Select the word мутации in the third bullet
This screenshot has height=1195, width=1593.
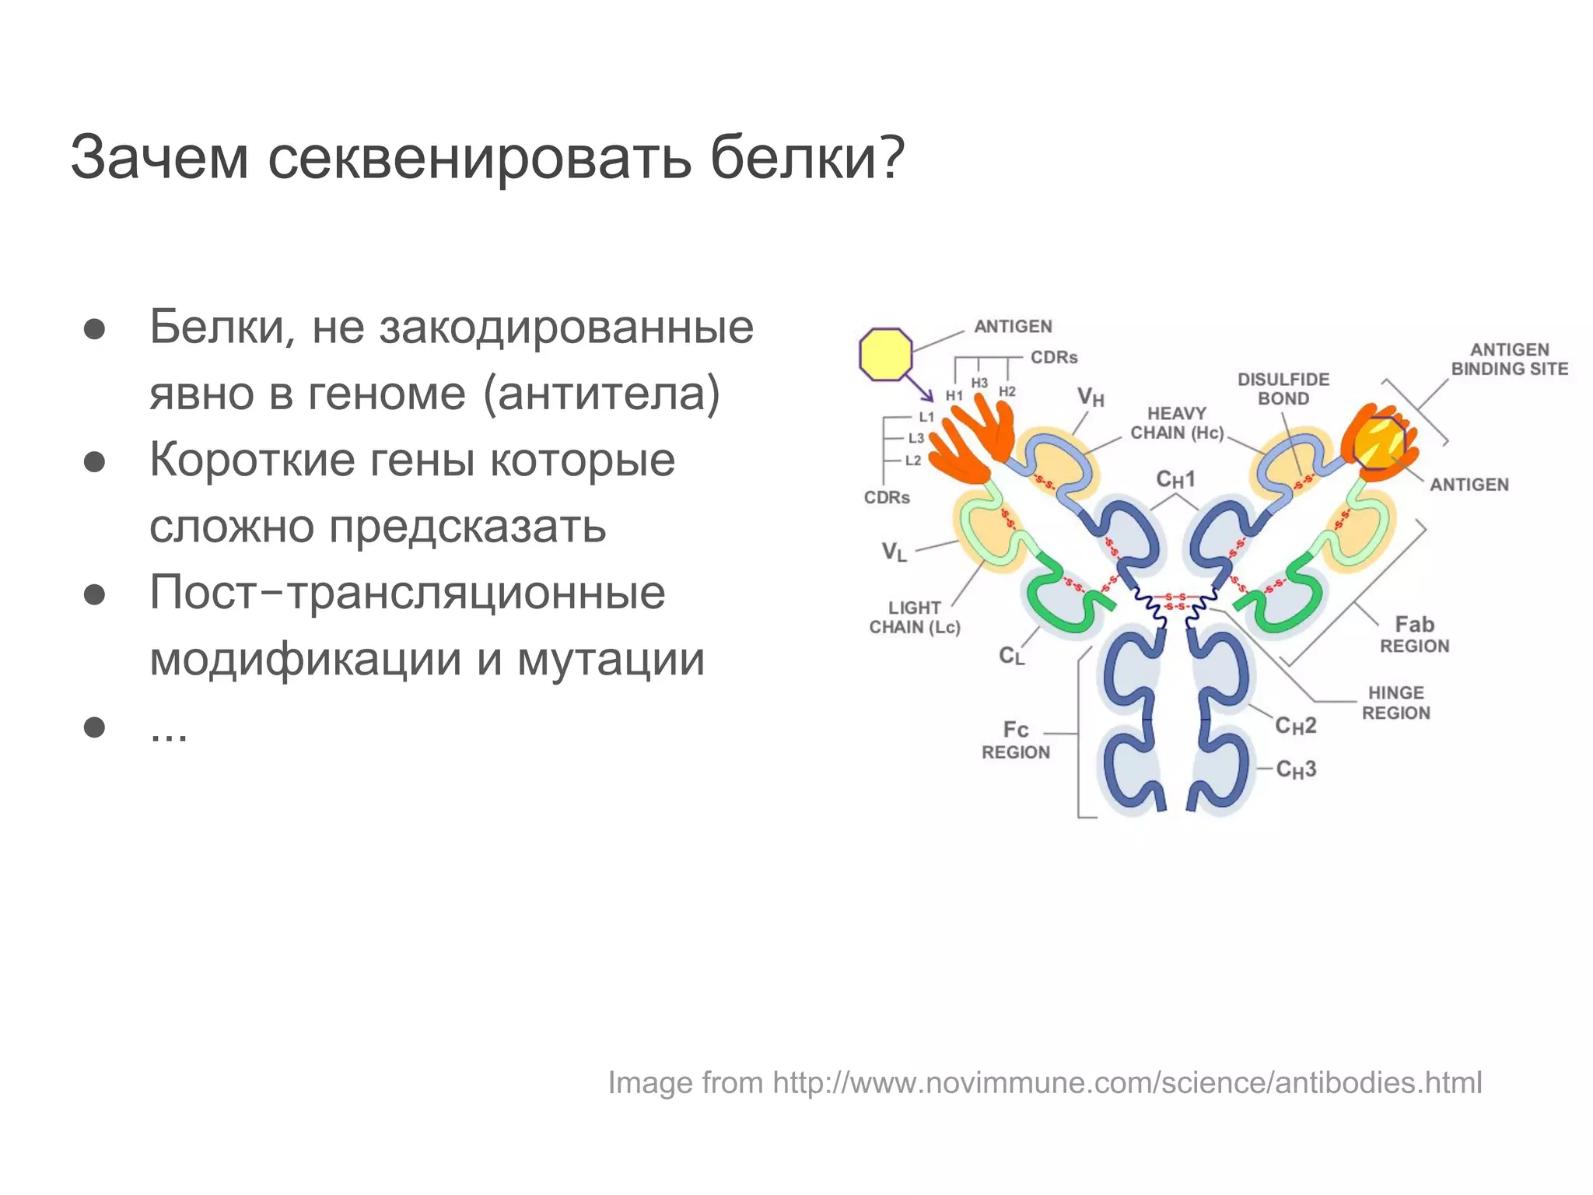tap(611, 660)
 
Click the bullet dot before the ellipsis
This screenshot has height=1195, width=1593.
tap(94, 727)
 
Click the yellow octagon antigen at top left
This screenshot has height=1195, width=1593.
tap(885, 355)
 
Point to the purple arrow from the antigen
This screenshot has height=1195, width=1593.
tap(921, 388)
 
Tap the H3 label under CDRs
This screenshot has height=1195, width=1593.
tap(979, 384)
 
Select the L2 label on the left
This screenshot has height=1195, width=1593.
tap(913, 461)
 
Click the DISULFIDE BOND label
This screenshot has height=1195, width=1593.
tap(1283, 389)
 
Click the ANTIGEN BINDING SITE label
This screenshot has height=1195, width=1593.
tap(1509, 359)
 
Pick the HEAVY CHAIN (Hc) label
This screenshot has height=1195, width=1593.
tap(1177, 423)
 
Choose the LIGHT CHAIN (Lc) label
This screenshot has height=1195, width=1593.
tap(915, 618)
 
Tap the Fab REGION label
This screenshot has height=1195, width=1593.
tap(1414, 635)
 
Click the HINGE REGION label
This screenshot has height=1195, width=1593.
tap(1395, 703)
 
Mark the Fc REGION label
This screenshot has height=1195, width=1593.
tap(1016, 741)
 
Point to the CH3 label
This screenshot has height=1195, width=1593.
tap(1296, 769)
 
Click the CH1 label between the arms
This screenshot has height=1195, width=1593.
tap(1175, 479)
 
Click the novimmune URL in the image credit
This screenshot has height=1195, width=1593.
tap(1127, 1083)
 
